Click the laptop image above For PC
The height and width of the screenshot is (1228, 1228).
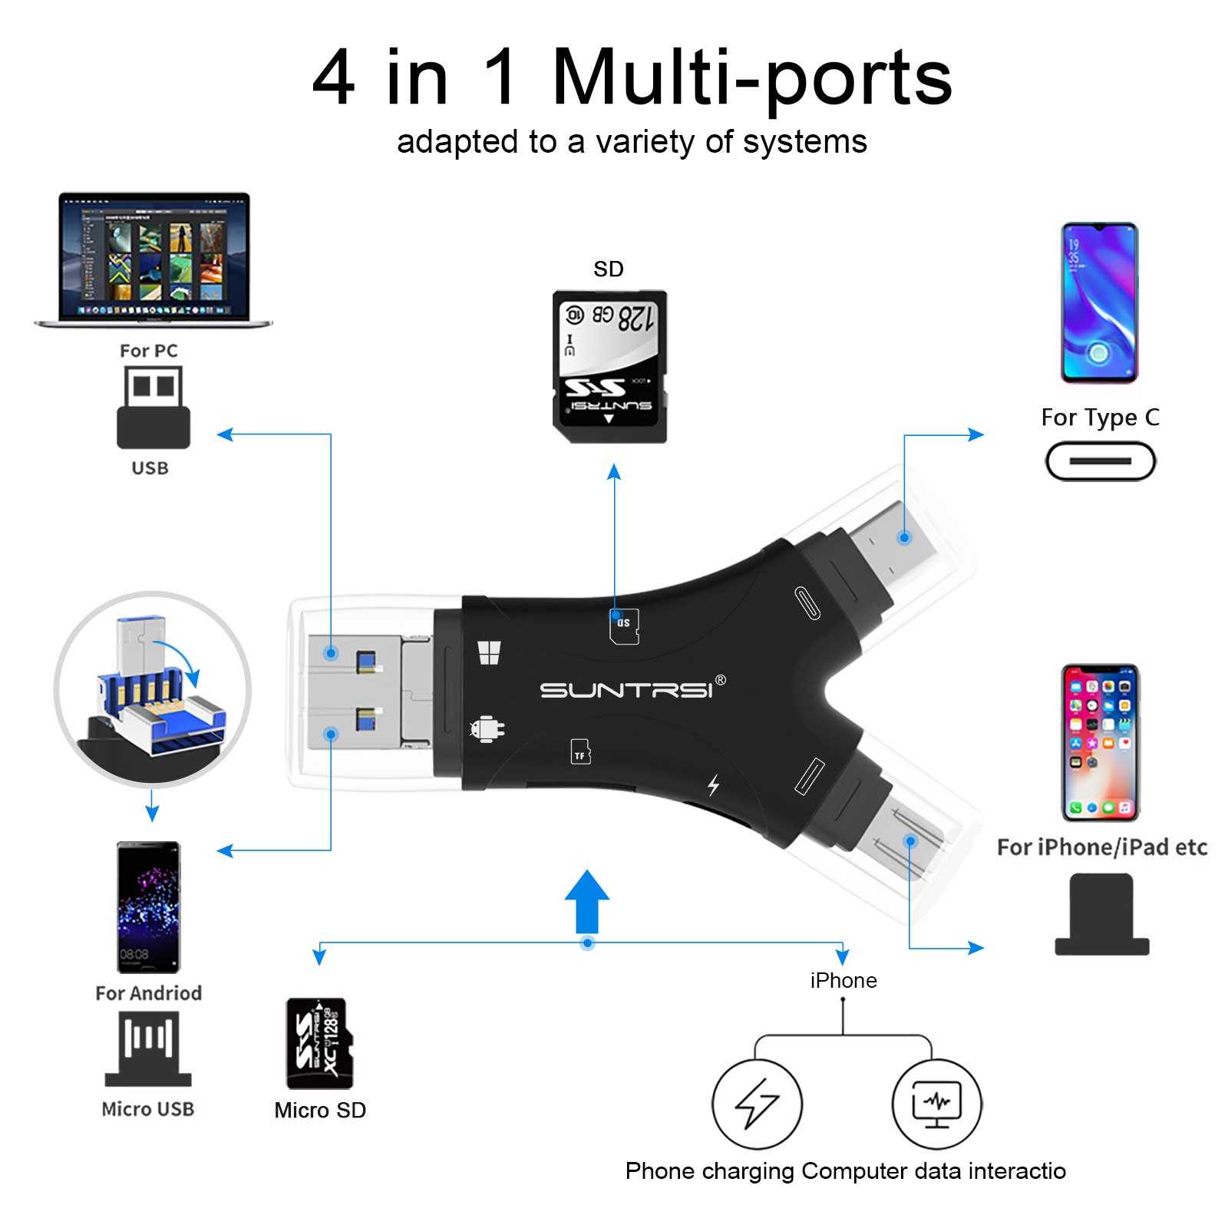point(153,259)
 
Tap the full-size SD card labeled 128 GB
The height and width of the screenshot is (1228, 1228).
point(609,366)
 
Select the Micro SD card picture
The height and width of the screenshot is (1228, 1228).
point(320,1043)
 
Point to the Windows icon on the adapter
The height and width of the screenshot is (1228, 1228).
point(489,652)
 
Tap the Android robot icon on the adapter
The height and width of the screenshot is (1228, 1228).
point(487,728)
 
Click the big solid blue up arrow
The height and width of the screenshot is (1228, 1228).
point(587,901)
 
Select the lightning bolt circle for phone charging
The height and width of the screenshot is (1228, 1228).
point(758,1104)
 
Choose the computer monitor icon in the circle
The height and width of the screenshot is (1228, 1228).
point(936,1104)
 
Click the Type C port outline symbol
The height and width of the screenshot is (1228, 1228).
point(1100,461)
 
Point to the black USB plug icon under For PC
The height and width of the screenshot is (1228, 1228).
point(153,407)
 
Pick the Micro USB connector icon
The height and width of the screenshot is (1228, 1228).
point(148,1048)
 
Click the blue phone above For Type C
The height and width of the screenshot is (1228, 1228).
point(1099,302)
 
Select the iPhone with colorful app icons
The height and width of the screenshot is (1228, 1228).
point(1101,742)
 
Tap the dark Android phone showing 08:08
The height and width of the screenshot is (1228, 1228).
point(148,907)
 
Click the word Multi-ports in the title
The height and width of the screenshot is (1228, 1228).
point(752,78)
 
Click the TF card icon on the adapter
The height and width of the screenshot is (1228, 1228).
point(581,751)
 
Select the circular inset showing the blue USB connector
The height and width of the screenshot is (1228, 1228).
point(153,689)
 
